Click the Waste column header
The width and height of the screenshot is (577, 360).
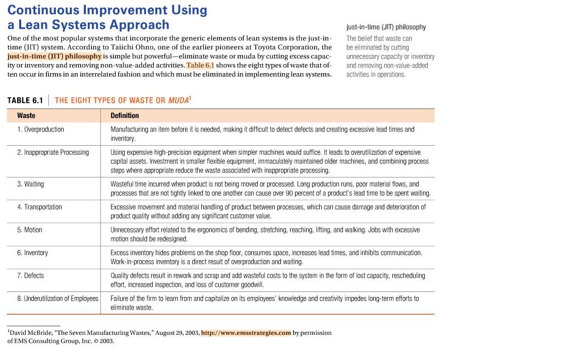pos(26,115)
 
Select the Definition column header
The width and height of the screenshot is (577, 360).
pos(125,115)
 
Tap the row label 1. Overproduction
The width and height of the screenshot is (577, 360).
pos(40,130)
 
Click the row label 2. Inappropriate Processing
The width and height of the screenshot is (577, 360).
pos(52,152)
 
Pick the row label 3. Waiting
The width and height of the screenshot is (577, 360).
pos(30,184)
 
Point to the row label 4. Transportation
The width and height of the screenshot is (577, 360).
pos(39,207)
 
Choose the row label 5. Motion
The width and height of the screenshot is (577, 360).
pos(29,230)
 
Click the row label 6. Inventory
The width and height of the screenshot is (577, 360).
pos(32,253)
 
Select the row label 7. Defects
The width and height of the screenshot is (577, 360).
pos(30,275)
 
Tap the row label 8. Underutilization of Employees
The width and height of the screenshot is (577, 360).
pos(57,298)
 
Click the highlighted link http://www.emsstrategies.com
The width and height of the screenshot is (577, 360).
pos(246,333)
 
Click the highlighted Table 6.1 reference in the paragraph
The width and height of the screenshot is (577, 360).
pos(200,66)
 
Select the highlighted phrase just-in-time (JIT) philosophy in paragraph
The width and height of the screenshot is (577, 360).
pos(54,56)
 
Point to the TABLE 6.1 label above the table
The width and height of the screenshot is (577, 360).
pos(25,100)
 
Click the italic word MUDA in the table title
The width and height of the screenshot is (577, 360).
pos(178,100)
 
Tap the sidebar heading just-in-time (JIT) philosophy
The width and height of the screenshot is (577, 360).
pos(386,27)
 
